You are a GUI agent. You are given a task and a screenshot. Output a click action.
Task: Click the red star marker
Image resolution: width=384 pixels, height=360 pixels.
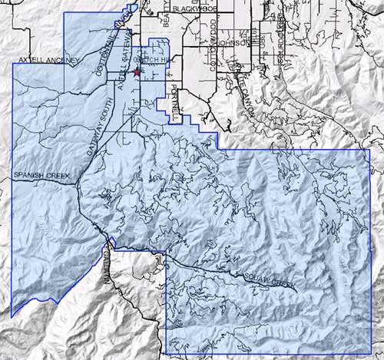tap(137, 72)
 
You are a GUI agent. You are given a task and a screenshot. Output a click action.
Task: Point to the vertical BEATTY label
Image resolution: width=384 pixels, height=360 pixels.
tap(167, 22)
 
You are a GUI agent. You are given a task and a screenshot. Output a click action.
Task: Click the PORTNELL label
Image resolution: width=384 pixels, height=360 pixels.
tap(174, 101)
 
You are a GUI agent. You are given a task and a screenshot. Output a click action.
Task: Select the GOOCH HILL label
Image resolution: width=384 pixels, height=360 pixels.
tap(147, 59)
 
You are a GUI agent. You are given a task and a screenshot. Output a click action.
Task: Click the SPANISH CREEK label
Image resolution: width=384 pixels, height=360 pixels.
tap(41, 176)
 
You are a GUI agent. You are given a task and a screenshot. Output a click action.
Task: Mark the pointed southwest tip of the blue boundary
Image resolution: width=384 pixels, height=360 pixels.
tap(12, 316)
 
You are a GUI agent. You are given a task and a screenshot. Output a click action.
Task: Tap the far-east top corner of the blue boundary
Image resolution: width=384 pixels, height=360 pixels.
tap(370, 149)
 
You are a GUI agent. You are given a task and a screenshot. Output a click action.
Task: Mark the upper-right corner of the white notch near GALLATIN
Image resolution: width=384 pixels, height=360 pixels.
tap(167, 251)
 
